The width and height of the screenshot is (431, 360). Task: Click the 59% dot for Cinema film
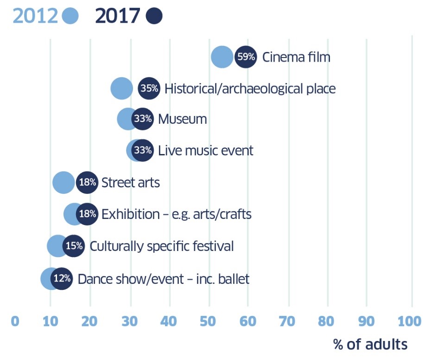(246, 57)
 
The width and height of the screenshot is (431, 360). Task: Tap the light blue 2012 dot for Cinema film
(222, 57)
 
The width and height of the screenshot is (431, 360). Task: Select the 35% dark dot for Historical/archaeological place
(149, 88)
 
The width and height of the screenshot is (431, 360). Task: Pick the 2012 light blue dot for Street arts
(63, 182)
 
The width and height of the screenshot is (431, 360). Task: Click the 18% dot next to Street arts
(87, 182)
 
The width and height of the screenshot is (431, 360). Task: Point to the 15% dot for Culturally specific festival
(74, 246)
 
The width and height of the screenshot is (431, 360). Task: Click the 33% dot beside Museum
(143, 119)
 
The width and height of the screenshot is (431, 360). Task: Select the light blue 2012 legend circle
(70, 16)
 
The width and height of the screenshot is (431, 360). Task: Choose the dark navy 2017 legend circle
(154, 16)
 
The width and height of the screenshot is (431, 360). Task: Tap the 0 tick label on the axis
(15, 321)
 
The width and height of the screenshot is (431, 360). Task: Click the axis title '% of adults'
(370, 344)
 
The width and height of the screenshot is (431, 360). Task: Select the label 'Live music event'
(205, 151)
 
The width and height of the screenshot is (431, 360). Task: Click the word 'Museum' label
(182, 119)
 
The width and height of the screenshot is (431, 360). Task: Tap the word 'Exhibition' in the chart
(124, 214)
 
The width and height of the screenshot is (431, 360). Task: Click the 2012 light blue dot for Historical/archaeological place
(122, 89)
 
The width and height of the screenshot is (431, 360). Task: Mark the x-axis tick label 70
(289, 321)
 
